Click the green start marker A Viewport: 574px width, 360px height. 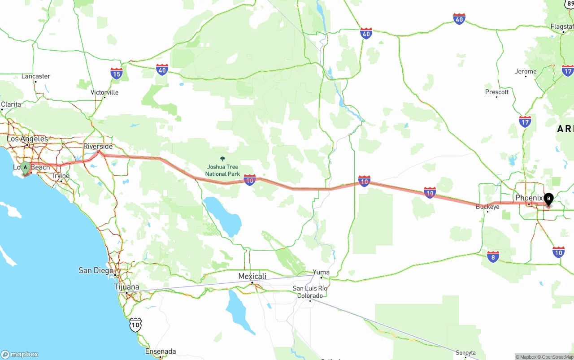coord(26,168)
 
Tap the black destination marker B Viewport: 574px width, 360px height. coord(548,199)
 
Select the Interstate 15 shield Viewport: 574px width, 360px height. coord(117,74)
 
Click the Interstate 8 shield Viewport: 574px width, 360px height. coord(493,257)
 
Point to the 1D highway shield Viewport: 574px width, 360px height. coord(135,325)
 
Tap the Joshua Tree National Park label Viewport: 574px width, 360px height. coord(222,170)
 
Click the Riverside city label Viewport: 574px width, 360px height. coord(98,147)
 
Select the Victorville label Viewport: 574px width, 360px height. coord(104,92)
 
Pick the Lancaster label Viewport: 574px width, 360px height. coord(36,76)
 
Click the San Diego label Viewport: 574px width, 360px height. coord(96,270)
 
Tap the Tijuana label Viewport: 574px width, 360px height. coord(126,287)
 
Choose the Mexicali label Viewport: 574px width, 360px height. coord(252,276)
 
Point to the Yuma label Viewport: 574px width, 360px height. coord(321,272)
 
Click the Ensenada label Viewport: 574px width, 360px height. coord(161,351)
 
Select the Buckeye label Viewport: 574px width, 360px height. coord(487,207)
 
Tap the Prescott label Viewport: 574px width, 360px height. coord(497,92)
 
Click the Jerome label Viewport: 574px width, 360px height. coord(526,72)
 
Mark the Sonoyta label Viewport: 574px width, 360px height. coord(465,353)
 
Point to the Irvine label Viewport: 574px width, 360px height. coord(61,176)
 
